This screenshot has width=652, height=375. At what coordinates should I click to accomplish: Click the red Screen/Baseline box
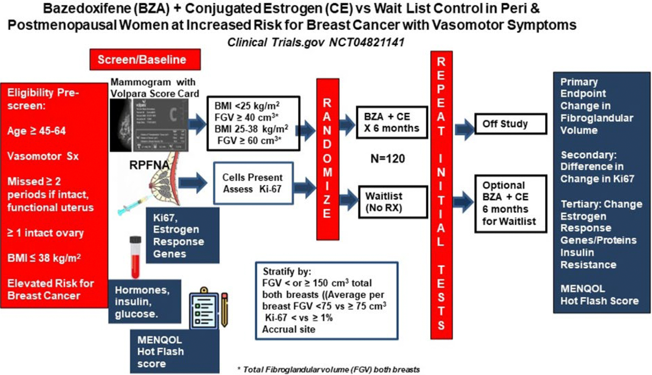click(x=145, y=59)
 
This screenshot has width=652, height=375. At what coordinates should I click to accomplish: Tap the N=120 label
click(x=387, y=159)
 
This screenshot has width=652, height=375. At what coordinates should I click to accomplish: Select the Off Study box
click(x=511, y=124)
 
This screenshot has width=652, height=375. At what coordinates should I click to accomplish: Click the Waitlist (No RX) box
click(x=393, y=202)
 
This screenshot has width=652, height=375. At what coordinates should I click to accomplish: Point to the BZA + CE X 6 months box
click(x=392, y=122)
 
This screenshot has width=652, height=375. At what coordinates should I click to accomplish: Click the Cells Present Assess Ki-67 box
click(x=253, y=183)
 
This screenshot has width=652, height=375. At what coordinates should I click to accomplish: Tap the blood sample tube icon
click(x=135, y=257)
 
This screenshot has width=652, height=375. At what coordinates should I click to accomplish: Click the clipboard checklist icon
click(x=204, y=309)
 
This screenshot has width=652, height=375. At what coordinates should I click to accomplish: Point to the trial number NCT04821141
click(x=366, y=42)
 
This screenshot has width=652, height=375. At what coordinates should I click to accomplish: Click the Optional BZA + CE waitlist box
click(x=510, y=204)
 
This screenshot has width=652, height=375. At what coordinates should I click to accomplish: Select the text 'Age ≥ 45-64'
click(x=36, y=131)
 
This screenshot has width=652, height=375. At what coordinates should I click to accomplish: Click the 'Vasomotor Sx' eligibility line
click(x=43, y=156)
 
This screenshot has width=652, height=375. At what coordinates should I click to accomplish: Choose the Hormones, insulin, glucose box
click(x=145, y=301)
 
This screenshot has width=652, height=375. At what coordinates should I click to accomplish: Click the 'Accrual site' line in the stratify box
click(x=289, y=329)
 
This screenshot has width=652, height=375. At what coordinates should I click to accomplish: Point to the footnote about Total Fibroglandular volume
click(x=329, y=370)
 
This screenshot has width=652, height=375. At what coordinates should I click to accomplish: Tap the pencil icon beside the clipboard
click(x=225, y=309)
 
